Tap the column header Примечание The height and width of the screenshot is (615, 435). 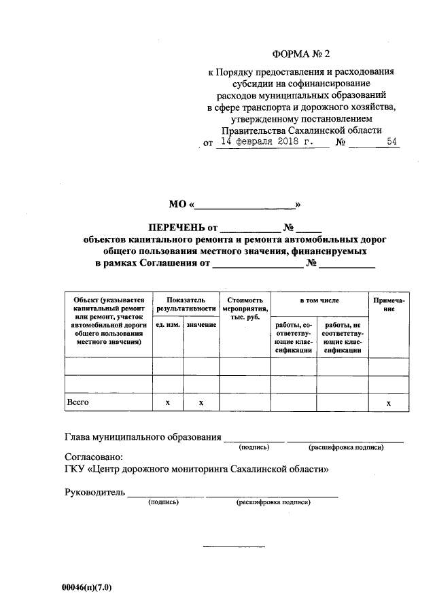coord(389,304)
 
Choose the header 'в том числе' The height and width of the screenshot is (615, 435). coord(319,300)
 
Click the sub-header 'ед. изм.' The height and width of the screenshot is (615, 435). coord(167,326)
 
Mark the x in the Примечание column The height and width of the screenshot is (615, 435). coord(389,404)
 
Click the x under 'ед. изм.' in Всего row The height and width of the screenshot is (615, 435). coord(167,404)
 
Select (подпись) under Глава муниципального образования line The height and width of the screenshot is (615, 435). coord(254,447)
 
